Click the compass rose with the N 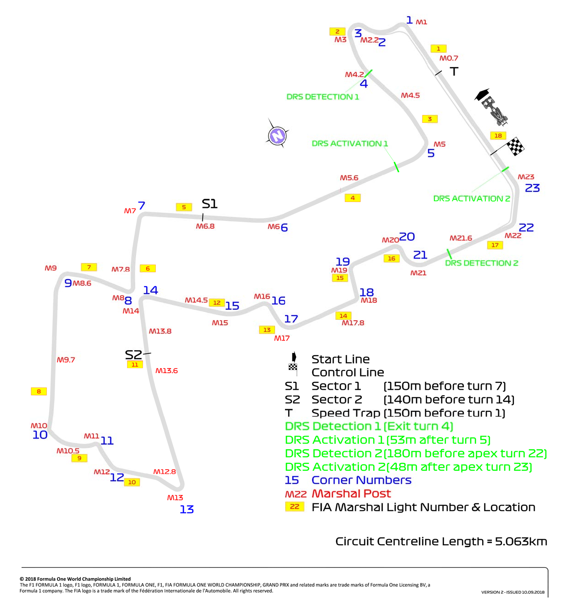277,135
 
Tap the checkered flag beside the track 514,146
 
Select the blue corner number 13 187,509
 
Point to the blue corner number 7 141,205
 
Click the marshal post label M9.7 66,359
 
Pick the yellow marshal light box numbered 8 39,391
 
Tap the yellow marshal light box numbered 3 429,119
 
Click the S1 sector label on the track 209,203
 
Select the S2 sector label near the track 133,355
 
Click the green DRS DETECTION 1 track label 323,97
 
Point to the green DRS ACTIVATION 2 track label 471,198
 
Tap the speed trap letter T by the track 454,71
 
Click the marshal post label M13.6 166,370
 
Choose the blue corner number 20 407,236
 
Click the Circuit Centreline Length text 441,541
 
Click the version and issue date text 513,592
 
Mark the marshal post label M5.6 349,178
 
